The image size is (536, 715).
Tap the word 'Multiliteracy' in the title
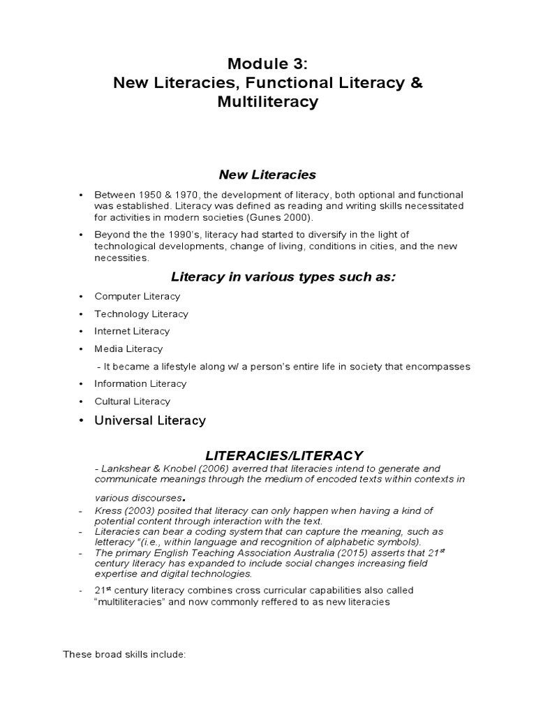point(268,102)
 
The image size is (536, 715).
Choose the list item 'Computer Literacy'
point(137,297)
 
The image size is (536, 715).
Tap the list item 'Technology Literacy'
point(142,314)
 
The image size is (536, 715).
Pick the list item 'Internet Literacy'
point(133,332)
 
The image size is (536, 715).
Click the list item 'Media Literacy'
point(129,349)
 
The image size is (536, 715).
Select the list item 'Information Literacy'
point(141,384)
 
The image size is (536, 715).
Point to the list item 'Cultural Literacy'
point(133,401)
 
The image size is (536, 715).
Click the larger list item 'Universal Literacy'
point(150,421)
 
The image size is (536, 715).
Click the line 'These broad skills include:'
point(124,654)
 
